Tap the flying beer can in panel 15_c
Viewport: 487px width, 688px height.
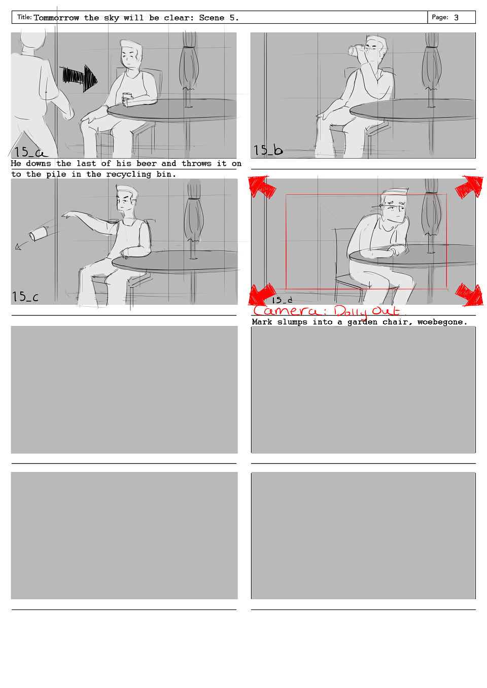click(39, 233)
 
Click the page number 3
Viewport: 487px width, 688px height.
click(456, 18)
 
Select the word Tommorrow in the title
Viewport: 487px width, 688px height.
click(56, 18)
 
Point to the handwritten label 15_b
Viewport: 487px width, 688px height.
click(268, 150)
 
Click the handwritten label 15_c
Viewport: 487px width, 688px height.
click(25, 297)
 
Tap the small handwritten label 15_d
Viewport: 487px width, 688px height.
click(282, 300)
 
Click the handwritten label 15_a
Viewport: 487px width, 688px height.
click(30, 152)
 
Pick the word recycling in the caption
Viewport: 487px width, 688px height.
click(128, 174)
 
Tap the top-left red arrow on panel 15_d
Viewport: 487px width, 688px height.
click(261, 186)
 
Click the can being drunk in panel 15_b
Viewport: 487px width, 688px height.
click(356, 50)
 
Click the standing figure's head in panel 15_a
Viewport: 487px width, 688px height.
click(32, 39)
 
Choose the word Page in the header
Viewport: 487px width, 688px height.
click(440, 18)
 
